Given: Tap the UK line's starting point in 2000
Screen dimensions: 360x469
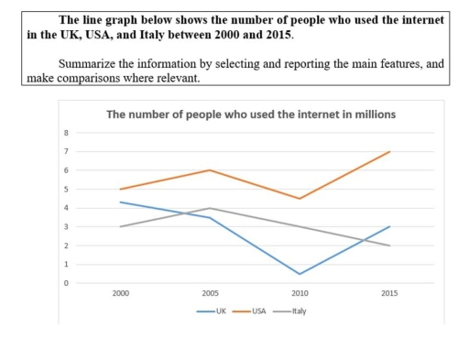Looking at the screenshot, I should [x=120, y=202].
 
